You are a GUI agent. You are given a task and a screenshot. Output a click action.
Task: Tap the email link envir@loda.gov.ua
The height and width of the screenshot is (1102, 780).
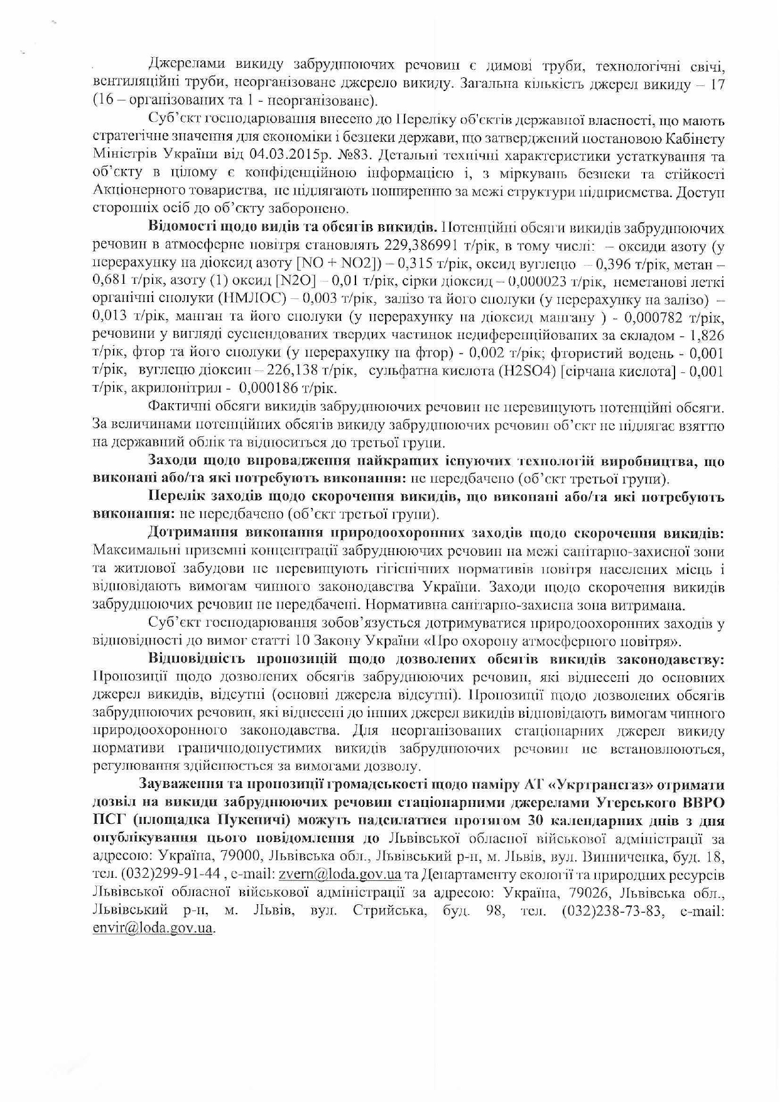[153, 928]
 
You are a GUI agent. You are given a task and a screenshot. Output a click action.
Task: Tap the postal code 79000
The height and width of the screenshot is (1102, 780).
[241, 856]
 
